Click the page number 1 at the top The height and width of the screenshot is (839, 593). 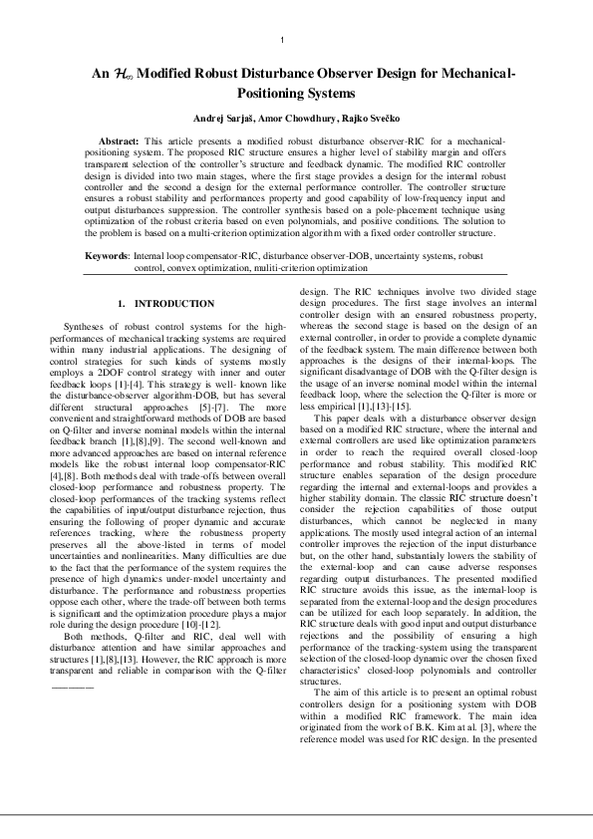(x=284, y=40)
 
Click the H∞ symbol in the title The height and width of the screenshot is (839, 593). (x=120, y=74)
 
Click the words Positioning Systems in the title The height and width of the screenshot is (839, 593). (x=296, y=93)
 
